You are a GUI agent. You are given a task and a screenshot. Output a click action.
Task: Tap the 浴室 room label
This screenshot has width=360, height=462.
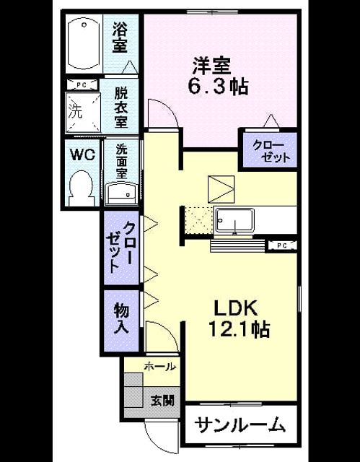coord(120,38)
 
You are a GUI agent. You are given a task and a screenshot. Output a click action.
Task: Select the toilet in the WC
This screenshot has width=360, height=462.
coord(82,188)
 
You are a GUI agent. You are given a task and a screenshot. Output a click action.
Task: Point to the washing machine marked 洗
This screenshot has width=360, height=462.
coord(83,113)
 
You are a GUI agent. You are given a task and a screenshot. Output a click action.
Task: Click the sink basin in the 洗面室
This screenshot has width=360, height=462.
coord(122,193)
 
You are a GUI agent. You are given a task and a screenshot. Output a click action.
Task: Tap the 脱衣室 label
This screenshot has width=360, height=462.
coord(121,108)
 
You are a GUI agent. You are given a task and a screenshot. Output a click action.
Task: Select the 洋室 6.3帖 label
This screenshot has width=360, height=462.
coord(219,76)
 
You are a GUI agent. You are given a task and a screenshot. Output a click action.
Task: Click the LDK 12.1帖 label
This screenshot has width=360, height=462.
coord(239,318)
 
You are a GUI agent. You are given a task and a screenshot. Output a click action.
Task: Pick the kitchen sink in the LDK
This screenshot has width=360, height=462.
coord(234,220)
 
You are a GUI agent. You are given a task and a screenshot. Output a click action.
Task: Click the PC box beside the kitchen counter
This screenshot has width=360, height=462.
coord(281,245)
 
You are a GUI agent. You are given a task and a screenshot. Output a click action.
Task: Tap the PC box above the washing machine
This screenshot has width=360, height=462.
coord(82,85)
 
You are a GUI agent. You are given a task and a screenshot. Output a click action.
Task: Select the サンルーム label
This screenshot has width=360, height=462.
coord(240,424)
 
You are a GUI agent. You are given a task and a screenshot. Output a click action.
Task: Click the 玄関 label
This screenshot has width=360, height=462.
coord(162,401)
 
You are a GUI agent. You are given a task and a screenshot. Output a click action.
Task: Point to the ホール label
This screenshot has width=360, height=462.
coord(160,367)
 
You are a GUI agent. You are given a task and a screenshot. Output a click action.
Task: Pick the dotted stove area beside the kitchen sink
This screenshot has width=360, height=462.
coord(199,220)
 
